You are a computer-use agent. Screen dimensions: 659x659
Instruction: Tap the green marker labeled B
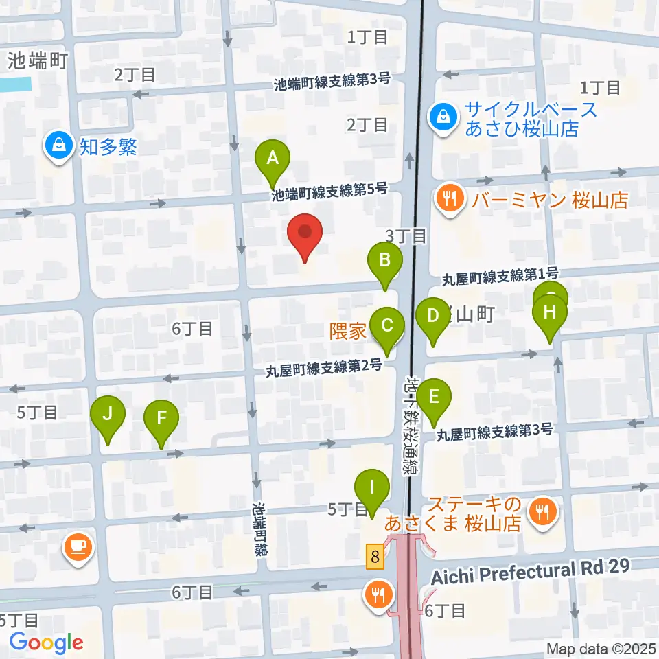click(385, 261)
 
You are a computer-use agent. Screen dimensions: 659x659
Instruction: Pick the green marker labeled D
click(432, 316)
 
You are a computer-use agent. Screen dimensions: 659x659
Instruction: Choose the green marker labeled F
click(161, 417)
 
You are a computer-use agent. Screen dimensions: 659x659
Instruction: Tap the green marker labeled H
click(550, 312)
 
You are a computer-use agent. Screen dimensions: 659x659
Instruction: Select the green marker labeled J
click(107, 415)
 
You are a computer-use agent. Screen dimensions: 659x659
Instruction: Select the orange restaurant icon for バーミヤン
click(450, 200)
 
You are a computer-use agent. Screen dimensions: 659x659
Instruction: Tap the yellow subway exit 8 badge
click(374, 555)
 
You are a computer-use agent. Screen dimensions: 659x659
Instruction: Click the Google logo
click(46, 643)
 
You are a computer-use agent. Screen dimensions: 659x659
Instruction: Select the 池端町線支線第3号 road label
click(332, 82)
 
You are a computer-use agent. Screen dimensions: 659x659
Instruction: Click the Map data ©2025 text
click(600, 649)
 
